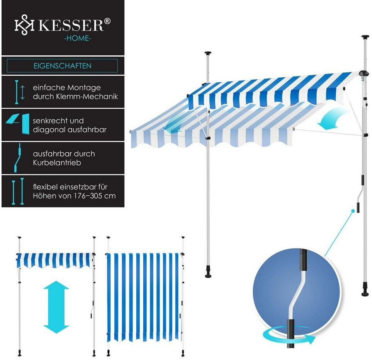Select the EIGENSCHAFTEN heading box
pos(62,66)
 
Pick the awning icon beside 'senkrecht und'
pos(17,124)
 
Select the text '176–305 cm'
pos(95,195)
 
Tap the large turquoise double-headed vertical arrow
pos(56,307)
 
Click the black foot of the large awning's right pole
pos(365,293)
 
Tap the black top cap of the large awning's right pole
pos(365,38)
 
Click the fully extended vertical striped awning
pos(143,296)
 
